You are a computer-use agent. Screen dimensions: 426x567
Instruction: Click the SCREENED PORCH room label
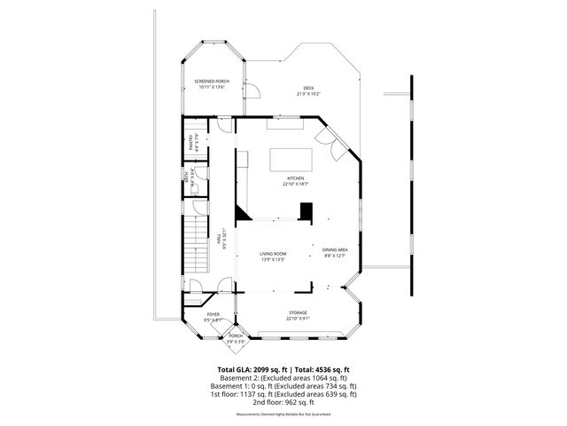pyautogui.click(x=213, y=81)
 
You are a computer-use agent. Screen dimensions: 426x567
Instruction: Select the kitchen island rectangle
pyautogui.click(x=290, y=160)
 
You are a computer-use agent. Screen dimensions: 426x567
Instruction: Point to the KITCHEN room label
pyautogui.click(x=295, y=178)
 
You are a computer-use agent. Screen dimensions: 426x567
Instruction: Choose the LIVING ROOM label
pyautogui.click(x=273, y=254)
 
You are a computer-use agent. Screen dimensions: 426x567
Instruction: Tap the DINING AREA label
pyautogui.click(x=335, y=249)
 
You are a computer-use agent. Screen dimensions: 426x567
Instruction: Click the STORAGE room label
pyautogui.click(x=298, y=313)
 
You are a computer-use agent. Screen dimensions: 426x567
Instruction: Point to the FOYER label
pyautogui.click(x=214, y=314)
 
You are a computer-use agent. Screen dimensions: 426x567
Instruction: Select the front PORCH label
pyautogui.click(x=236, y=335)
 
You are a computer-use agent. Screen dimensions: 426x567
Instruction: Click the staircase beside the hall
pyautogui.click(x=197, y=246)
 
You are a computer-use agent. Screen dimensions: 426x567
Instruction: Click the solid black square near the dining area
pyautogui.click(x=306, y=211)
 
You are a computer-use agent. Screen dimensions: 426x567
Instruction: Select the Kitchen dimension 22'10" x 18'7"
pyautogui.click(x=295, y=185)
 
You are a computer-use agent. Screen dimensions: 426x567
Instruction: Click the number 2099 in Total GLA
pyautogui.click(x=265, y=369)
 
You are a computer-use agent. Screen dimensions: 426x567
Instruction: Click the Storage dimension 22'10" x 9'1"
pyautogui.click(x=298, y=319)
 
